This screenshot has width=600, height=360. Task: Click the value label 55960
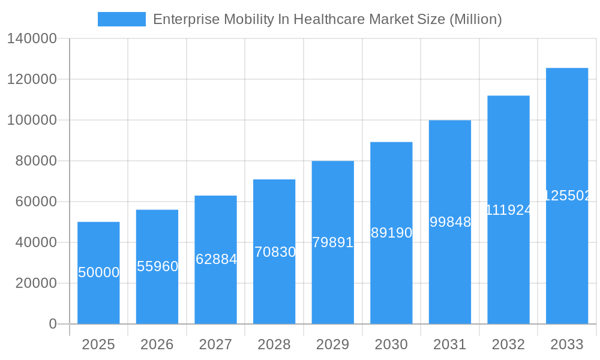(x=157, y=266)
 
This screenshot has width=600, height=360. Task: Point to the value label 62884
(x=216, y=260)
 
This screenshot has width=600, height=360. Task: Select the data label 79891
(x=333, y=242)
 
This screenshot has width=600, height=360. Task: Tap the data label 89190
(x=391, y=233)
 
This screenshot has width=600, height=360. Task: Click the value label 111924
(x=508, y=210)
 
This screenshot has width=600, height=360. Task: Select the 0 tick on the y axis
(x=53, y=324)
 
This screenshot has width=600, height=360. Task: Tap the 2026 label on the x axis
(x=157, y=344)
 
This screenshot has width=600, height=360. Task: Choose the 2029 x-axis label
(x=333, y=344)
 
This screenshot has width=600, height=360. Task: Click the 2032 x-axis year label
(x=508, y=344)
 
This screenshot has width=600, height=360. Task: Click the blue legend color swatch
(x=122, y=19)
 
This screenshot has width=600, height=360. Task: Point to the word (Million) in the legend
(x=475, y=19)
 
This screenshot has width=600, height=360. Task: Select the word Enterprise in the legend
(x=185, y=19)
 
